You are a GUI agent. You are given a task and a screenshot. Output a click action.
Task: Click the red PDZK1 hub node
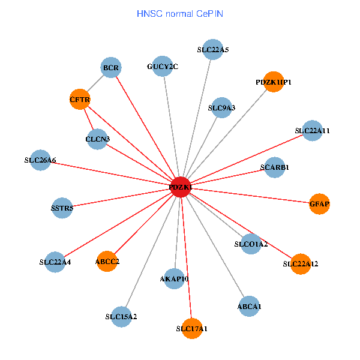(181, 187)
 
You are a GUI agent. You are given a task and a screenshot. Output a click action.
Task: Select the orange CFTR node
(80, 100)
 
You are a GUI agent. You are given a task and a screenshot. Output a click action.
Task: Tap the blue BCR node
(111, 68)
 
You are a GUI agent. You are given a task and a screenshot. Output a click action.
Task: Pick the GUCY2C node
(163, 66)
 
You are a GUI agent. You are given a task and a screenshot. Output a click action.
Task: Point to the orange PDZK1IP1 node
(273, 82)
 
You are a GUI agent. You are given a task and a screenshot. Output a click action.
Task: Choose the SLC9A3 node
(221, 108)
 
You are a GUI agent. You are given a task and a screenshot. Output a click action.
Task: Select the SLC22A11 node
(312, 130)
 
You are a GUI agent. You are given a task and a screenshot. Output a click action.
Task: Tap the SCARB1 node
(275, 167)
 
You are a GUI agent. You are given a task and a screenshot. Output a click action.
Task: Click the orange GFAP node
(319, 204)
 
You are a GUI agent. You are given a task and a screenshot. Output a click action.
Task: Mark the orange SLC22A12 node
(301, 264)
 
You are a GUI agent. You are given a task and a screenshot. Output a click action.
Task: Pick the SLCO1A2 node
(251, 244)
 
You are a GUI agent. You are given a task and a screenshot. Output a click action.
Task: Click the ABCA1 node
(249, 307)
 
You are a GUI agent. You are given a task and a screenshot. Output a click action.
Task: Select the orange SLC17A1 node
(192, 328)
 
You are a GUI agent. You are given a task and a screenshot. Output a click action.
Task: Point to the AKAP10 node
(175, 279)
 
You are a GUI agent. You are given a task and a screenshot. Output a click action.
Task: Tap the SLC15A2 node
(121, 316)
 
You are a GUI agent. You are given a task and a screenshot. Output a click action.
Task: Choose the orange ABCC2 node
(107, 262)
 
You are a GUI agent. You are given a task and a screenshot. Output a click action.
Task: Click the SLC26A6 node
(40, 160)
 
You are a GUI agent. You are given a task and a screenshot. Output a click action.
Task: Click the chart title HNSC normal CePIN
(180, 13)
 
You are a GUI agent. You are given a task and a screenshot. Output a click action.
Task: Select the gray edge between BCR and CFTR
(95, 84)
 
